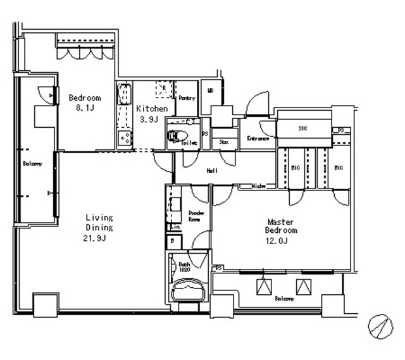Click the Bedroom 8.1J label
coord(84,102)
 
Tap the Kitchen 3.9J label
coord(152,113)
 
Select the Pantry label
coord(187,98)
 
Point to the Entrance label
coord(258,139)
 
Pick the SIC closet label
coord(302,129)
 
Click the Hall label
coord(213,170)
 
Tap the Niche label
coord(258,186)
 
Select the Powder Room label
coord(195,216)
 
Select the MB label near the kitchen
coord(210,90)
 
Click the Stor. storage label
coord(223,142)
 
